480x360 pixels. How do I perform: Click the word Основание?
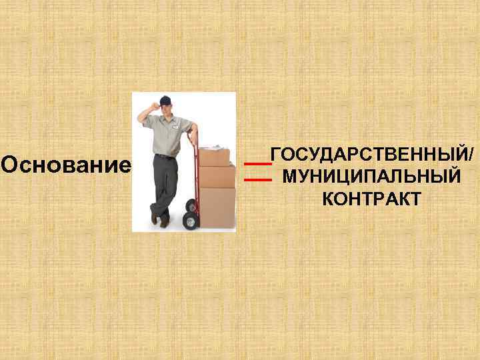click(x=66, y=163)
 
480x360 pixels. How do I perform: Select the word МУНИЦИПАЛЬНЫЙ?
click(x=371, y=177)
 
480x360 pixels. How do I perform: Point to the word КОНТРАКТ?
click(x=371, y=199)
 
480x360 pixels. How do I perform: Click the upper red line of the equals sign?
click(x=257, y=163)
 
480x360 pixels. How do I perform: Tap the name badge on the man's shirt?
click(x=176, y=125)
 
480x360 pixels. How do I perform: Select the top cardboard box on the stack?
click(x=214, y=157)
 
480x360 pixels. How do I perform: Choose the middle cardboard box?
click(x=217, y=176)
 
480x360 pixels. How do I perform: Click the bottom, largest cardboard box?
click(x=218, y=207)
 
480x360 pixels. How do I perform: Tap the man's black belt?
click(x=163, y=157)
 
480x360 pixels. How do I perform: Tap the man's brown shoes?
click(x=160, y=218)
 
